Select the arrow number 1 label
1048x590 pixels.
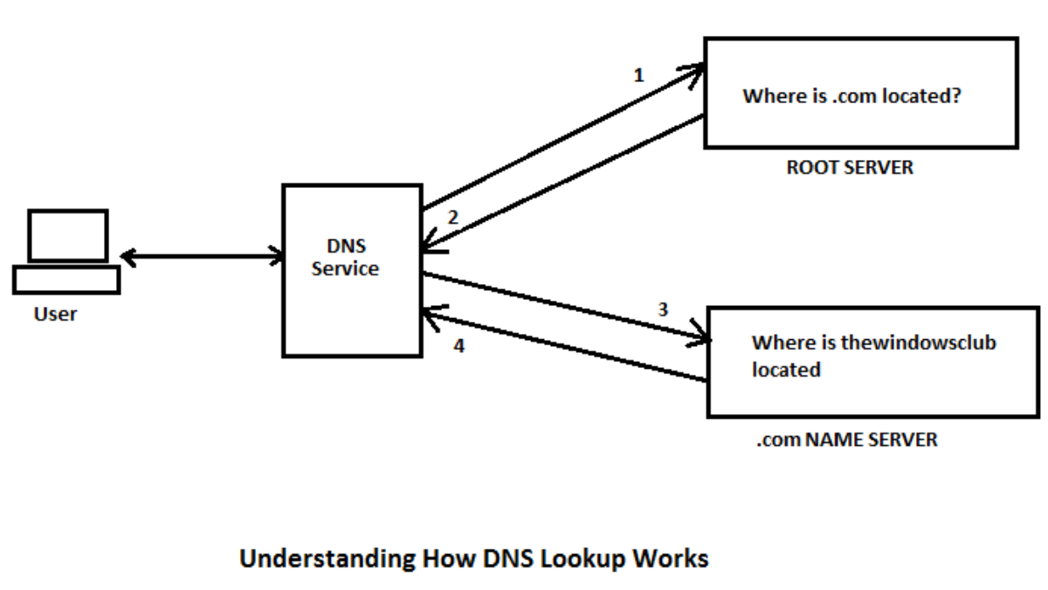pos(638,76)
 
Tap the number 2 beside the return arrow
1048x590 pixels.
pos(452,218)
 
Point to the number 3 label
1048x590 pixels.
pos(663,309)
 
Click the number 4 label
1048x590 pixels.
pos(459,346)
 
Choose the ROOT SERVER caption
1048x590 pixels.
pos(849,168)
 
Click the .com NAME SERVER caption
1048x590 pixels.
pos(846,440)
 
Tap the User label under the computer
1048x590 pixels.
pos(55,314)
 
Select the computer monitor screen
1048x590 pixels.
pos(68,235)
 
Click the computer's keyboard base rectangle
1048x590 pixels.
pos(66,280)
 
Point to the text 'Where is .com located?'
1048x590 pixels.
pos(851,96)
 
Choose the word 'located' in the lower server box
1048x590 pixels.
pos(786,370)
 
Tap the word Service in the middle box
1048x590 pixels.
pos(345,269)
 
